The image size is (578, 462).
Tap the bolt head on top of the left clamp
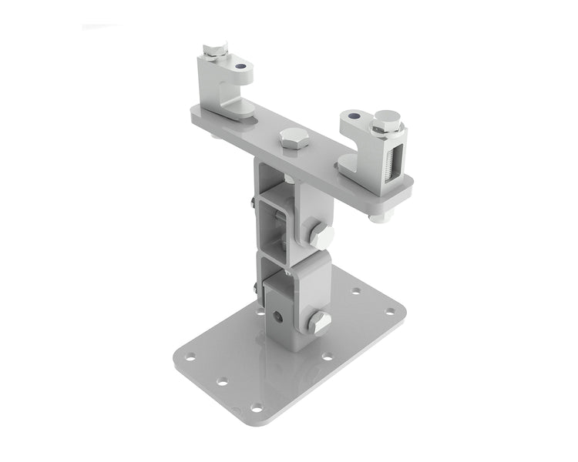216,50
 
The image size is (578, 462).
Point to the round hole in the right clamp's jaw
354,116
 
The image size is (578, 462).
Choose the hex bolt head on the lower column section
320,322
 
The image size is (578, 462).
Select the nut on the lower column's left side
255,288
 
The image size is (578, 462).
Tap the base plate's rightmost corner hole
390,311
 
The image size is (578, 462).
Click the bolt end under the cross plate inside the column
288,178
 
